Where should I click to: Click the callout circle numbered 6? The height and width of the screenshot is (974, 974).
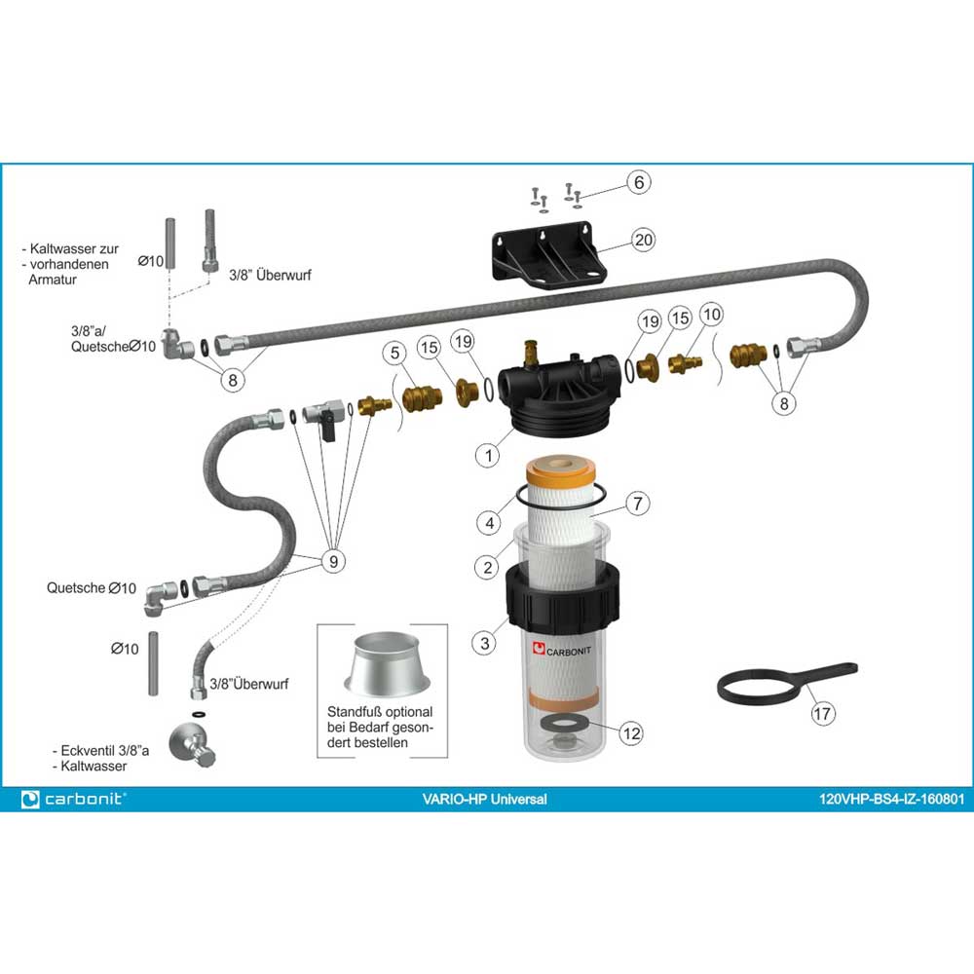click(x=639, y=183)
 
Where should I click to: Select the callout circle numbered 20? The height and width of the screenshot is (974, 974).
click(x=644, y=240)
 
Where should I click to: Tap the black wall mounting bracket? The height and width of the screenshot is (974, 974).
click(x=547, y=254)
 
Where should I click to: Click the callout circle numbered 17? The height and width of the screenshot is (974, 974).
click(x=822, y=713)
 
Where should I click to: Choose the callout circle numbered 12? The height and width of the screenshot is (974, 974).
click(x=632, y=733)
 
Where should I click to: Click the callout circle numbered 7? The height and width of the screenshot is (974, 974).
click(x=638, y=504)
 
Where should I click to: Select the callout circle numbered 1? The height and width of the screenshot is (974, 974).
click(x=488, y=456)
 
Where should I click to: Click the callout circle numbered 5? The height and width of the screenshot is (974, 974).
click(x=395, y=353)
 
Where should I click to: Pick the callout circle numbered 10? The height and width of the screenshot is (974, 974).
click(x=711, y=315)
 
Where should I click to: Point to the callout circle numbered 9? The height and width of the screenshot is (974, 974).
click(x=333, y=562)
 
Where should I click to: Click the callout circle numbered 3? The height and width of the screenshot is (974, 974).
click(x=485, y=643)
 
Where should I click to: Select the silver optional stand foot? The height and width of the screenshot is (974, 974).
click(x=387, y=664)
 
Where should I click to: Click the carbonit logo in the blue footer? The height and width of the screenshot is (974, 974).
click(x=73, y=799)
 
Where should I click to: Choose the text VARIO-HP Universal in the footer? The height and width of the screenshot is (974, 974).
click(x=484, y=800)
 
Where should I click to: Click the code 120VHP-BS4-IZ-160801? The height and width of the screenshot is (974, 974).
click(x=891, y=800)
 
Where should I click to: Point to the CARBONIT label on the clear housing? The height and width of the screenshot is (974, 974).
click(x=562, y=651)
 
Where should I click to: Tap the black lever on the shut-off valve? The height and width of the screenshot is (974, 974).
click(x=328, y=429)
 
